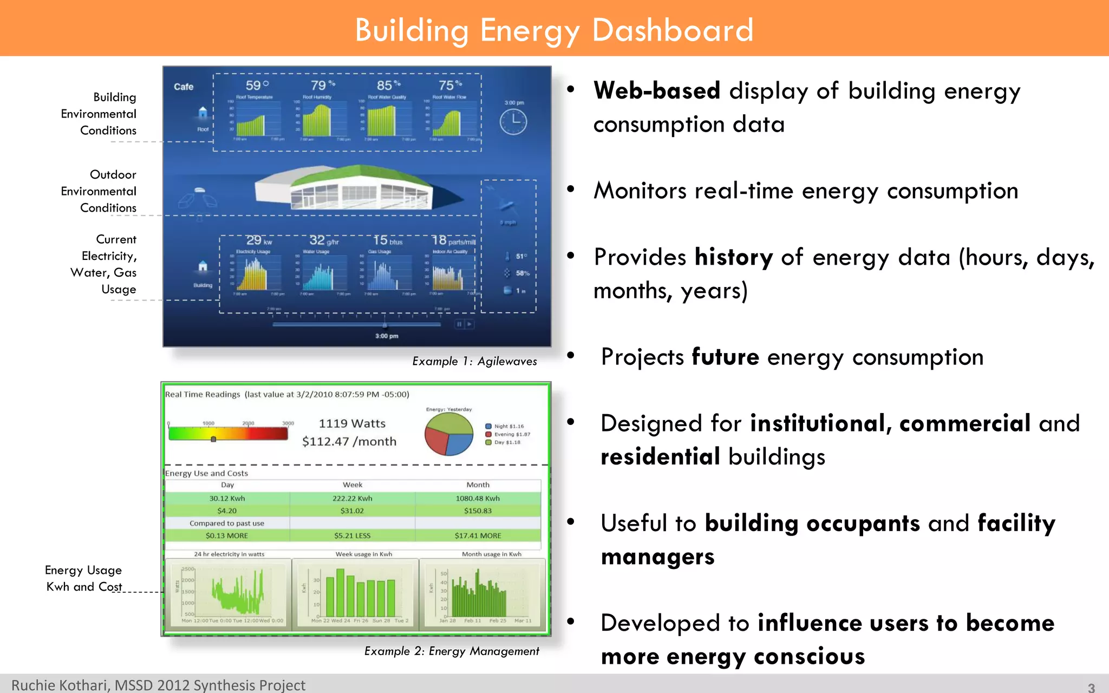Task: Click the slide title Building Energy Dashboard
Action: pyautogui.click(x=554, y=30)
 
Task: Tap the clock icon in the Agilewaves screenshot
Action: pyautogui.click(x=513, y=122)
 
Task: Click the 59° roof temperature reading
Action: pyautogui.click(x=257, y=86)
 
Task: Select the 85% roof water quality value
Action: pyautogui.click(x=388, y=86)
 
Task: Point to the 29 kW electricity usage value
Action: pyautogui.click(x=258, y=240)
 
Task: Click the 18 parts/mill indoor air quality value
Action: pyautogui.click(x=453, y=240)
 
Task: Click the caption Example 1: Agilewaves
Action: pyautogui.click(x=474, y=361)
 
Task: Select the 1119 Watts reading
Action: pyautogui.click(x=352, y=423)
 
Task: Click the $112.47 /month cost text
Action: pyautogui.click(x=349, y=441)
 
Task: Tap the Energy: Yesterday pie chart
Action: pyautogui.click(x=449, y=435)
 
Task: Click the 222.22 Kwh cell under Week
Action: pyautogui.click(x=352, y=498)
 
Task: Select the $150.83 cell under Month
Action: pyautogui.click(x=478, y=511)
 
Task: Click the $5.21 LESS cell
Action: pyautogui.click(x=352, y=535)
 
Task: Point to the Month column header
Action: pyautogui.click(x=478, y=485)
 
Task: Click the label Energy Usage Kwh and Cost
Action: pyautogui.click(x=84, y=578)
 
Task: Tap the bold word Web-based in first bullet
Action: pyautogui.click(x=656, y=90)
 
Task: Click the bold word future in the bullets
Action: pyautogui.click(x=725, y=357)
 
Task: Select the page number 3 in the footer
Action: pyautogui.click(x=1091, y=687)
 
